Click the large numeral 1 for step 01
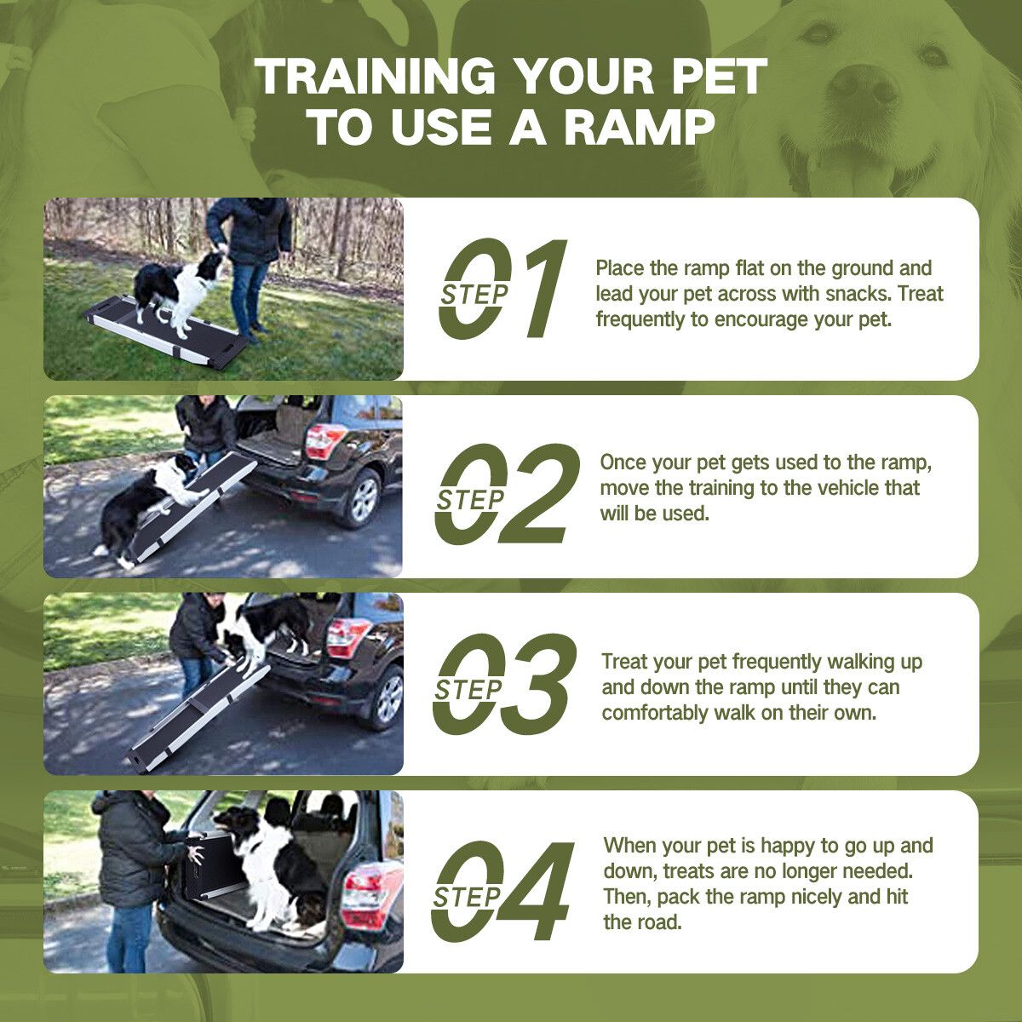click(536, 288)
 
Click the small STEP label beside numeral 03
click(468, 690)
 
